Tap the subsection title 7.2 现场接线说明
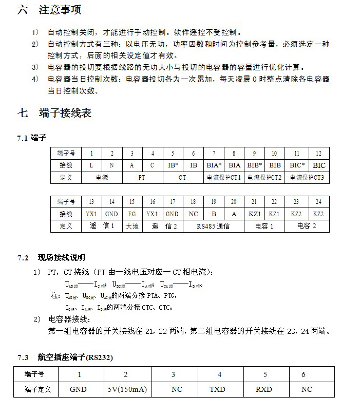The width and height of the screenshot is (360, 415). (x=51, y=257)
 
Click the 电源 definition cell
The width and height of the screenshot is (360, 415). (x=102, y=178)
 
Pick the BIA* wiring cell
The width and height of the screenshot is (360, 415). (x=214, y=165)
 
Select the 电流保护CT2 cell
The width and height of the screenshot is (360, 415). (x=264, y=178)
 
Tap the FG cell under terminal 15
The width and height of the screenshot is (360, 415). (x=132, y=214)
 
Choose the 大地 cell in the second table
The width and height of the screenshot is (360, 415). (x=132, y=226)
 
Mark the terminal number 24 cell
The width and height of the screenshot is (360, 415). (x=318, y=202)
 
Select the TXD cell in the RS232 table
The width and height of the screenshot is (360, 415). (x=217, y=389)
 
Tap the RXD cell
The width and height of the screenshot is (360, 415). (x=263, y=389)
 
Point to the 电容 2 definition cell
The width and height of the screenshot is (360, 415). (x=307, y=226)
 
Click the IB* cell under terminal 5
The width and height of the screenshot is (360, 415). (x=173, y=165)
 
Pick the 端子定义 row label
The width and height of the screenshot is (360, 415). (x=38, y=389)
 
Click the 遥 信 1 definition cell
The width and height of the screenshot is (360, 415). (x=102, y=226)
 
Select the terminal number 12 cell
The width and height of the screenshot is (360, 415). (x=319, y=154)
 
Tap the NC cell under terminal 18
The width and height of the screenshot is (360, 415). (x=193, y=214)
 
